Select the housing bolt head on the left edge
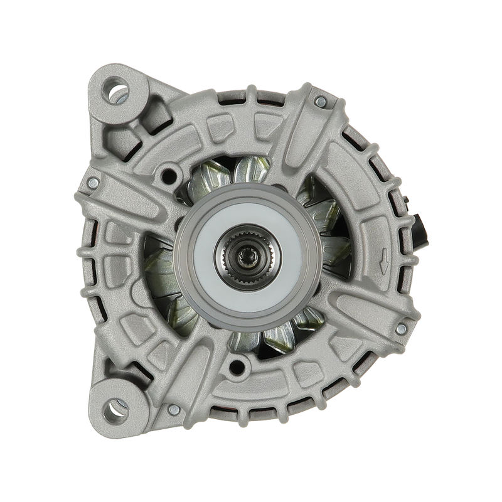(x=93, y=183)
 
